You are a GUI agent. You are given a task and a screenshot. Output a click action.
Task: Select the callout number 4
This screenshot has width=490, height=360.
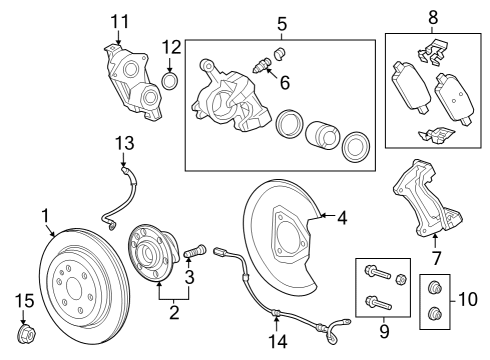click(x=342, y=215)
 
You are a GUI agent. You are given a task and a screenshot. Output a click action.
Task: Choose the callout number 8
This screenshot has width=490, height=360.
click(x=433, y=17)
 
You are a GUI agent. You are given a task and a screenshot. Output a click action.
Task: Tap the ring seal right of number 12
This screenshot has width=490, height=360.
click(x=170, y=79)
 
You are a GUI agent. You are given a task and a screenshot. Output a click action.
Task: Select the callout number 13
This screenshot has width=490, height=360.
click(x=123, y=145)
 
